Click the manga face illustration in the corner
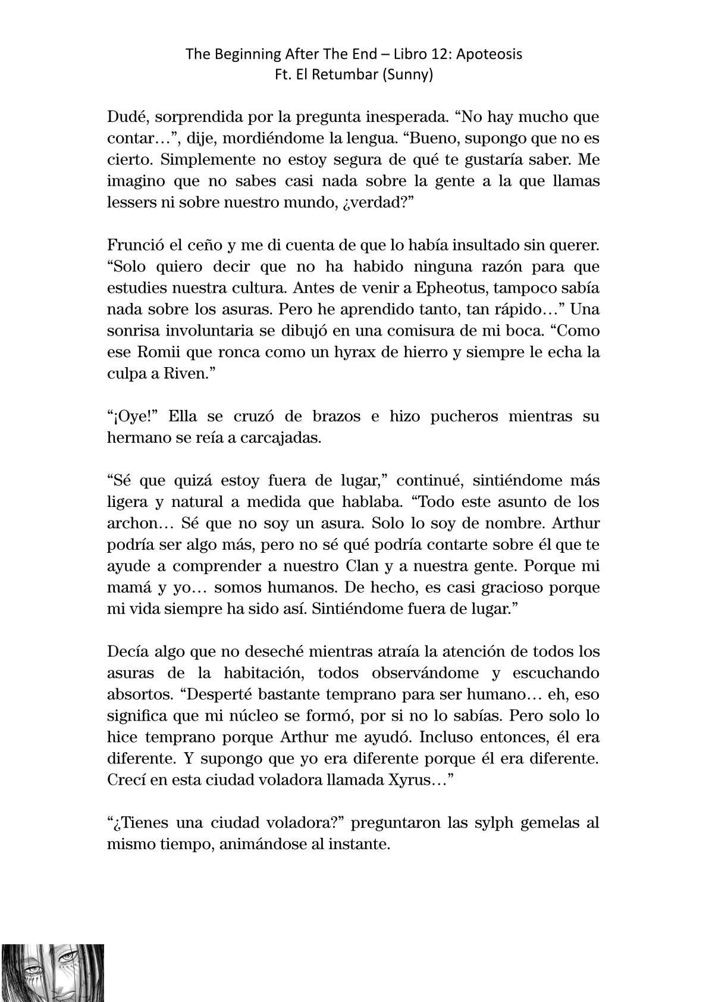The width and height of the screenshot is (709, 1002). pos(53,973)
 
